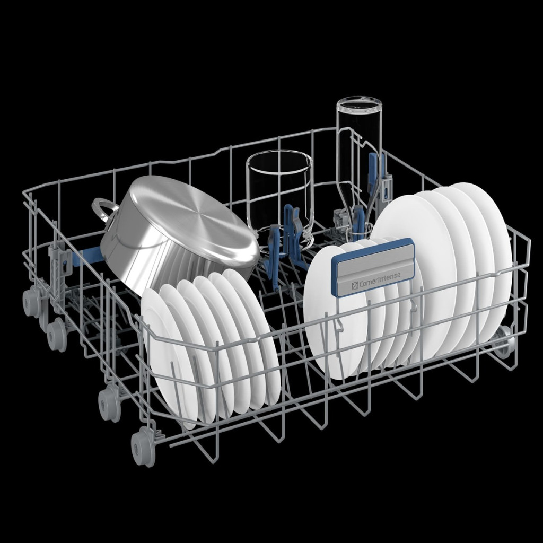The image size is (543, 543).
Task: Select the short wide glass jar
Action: [x=279, y=197]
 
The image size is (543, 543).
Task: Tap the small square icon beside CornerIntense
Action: [x=355, y=285]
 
